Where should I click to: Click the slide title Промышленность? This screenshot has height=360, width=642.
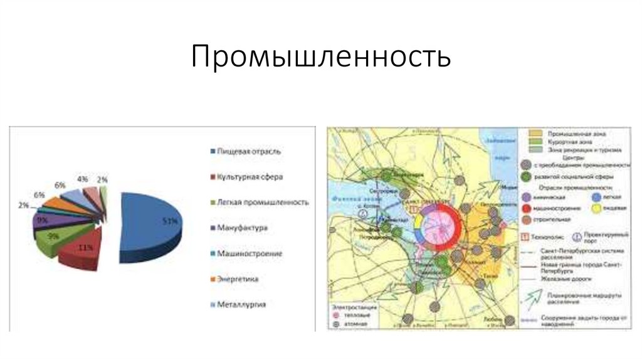point(321,57)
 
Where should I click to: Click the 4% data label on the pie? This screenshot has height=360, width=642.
point(82,179)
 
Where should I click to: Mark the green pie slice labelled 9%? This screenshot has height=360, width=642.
point(53,238)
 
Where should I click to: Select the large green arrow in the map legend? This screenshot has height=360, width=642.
point(531,295)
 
